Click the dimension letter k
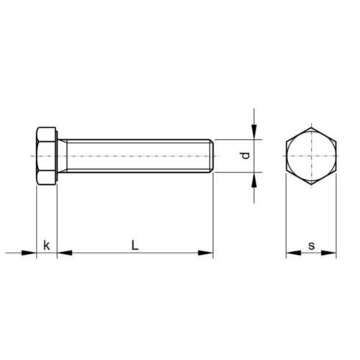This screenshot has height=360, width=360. [x=47, y=246]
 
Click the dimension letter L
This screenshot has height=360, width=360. [x=135, y=245]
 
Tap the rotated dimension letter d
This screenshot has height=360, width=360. [x=246, y=156]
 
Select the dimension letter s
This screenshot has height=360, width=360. [x=311, y=246]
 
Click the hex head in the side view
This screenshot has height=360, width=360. [x=47, y=156]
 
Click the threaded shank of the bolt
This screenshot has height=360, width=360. [x=139, y=156]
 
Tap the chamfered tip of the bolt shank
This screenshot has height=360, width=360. [x=212, y=156]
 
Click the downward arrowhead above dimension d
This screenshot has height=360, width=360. [x=254, y=132]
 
